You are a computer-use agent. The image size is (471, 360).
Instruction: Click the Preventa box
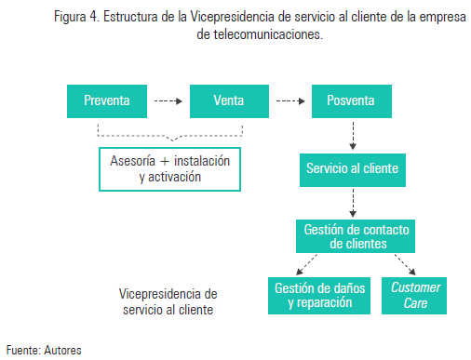(x=107, y=100)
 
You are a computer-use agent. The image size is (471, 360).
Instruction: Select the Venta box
(x=229, y=100)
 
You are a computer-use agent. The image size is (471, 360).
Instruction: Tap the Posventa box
(x=352, y=100)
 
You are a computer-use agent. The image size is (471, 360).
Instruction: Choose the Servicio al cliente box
(x=352, y=168)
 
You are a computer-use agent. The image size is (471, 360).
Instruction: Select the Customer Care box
(x=416, y=296)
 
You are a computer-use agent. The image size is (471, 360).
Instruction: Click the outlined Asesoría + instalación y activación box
(x=168, y=168)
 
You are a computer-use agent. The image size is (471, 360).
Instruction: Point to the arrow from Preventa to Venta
(x=168, y=100)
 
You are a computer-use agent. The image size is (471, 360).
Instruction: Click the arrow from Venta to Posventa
(x=290, y=100)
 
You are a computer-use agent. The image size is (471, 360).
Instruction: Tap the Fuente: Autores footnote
(x=44, y=350)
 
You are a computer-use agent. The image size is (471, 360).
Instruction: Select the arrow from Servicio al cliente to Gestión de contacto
(x=352, y=202)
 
